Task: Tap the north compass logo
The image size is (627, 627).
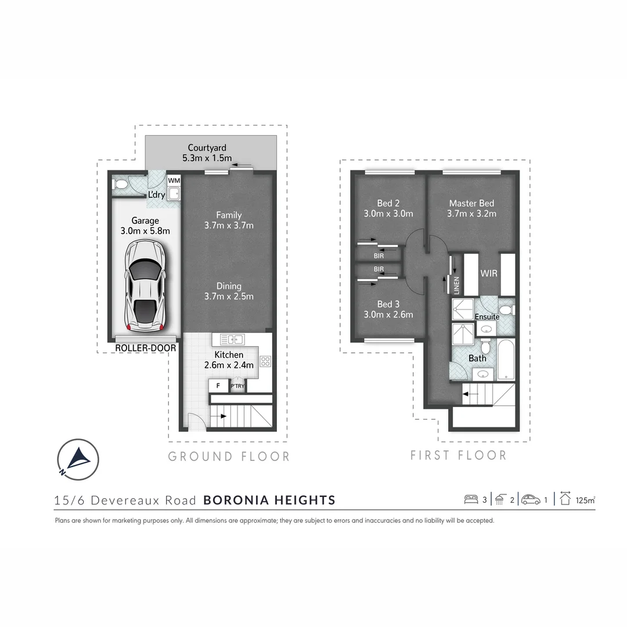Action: pyautogui.click(x=78, y=459)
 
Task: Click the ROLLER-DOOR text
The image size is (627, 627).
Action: pyautogui.click(x=145, y=348)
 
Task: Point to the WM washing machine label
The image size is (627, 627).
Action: pyautogui.click(x=174, y=181)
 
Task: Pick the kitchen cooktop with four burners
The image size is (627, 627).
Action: pyautogui.click(x=266, y=361)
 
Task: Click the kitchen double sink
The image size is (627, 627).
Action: pyautogui.click(x=232, y=339)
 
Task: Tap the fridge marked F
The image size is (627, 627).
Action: pyautogui.click(x=218, y=385)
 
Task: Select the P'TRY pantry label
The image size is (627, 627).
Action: pyautogui.click(x=237, y=386)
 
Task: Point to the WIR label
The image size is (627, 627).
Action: pyautogui.click(x=489, y=273)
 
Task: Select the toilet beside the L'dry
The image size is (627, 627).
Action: pyautogui.click(x=121, y=185)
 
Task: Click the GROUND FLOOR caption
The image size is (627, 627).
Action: pyautogui.click(x=229, y=457)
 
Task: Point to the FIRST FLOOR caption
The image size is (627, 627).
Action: pyautogui.click(x=458, y=456)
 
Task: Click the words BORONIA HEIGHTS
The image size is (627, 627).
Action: pyautogui.click(x=269, y=500)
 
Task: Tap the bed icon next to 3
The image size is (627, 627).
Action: pyautogui.click(x=471, y=499)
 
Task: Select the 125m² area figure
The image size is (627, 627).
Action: pyautogui.click(x=586, y=500)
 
